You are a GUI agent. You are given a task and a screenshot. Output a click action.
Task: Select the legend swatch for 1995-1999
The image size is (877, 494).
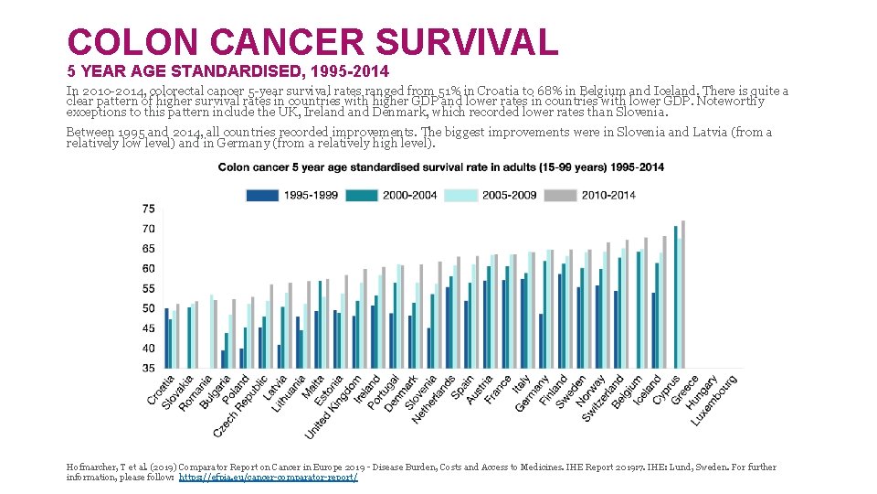click(262, 195)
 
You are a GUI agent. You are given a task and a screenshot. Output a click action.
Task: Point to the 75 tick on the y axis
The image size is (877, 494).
click(148, 209)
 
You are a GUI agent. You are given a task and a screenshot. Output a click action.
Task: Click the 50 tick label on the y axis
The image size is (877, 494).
click(148, 308)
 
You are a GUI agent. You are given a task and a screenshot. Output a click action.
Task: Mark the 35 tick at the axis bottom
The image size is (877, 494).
click(148, 368)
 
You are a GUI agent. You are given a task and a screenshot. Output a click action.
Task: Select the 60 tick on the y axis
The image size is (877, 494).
click(148, 269)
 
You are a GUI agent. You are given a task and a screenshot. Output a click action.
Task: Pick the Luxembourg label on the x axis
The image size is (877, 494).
click(714, 401)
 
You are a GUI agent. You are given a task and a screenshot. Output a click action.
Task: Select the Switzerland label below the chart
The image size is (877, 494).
click(603, 398)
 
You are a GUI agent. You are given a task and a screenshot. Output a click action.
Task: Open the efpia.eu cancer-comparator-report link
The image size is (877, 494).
click(268, 478)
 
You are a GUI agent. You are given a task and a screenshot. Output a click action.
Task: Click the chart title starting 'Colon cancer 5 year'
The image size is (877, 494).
click(440, 167)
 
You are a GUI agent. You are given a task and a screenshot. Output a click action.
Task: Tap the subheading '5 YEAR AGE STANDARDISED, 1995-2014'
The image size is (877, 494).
click(227, 70)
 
